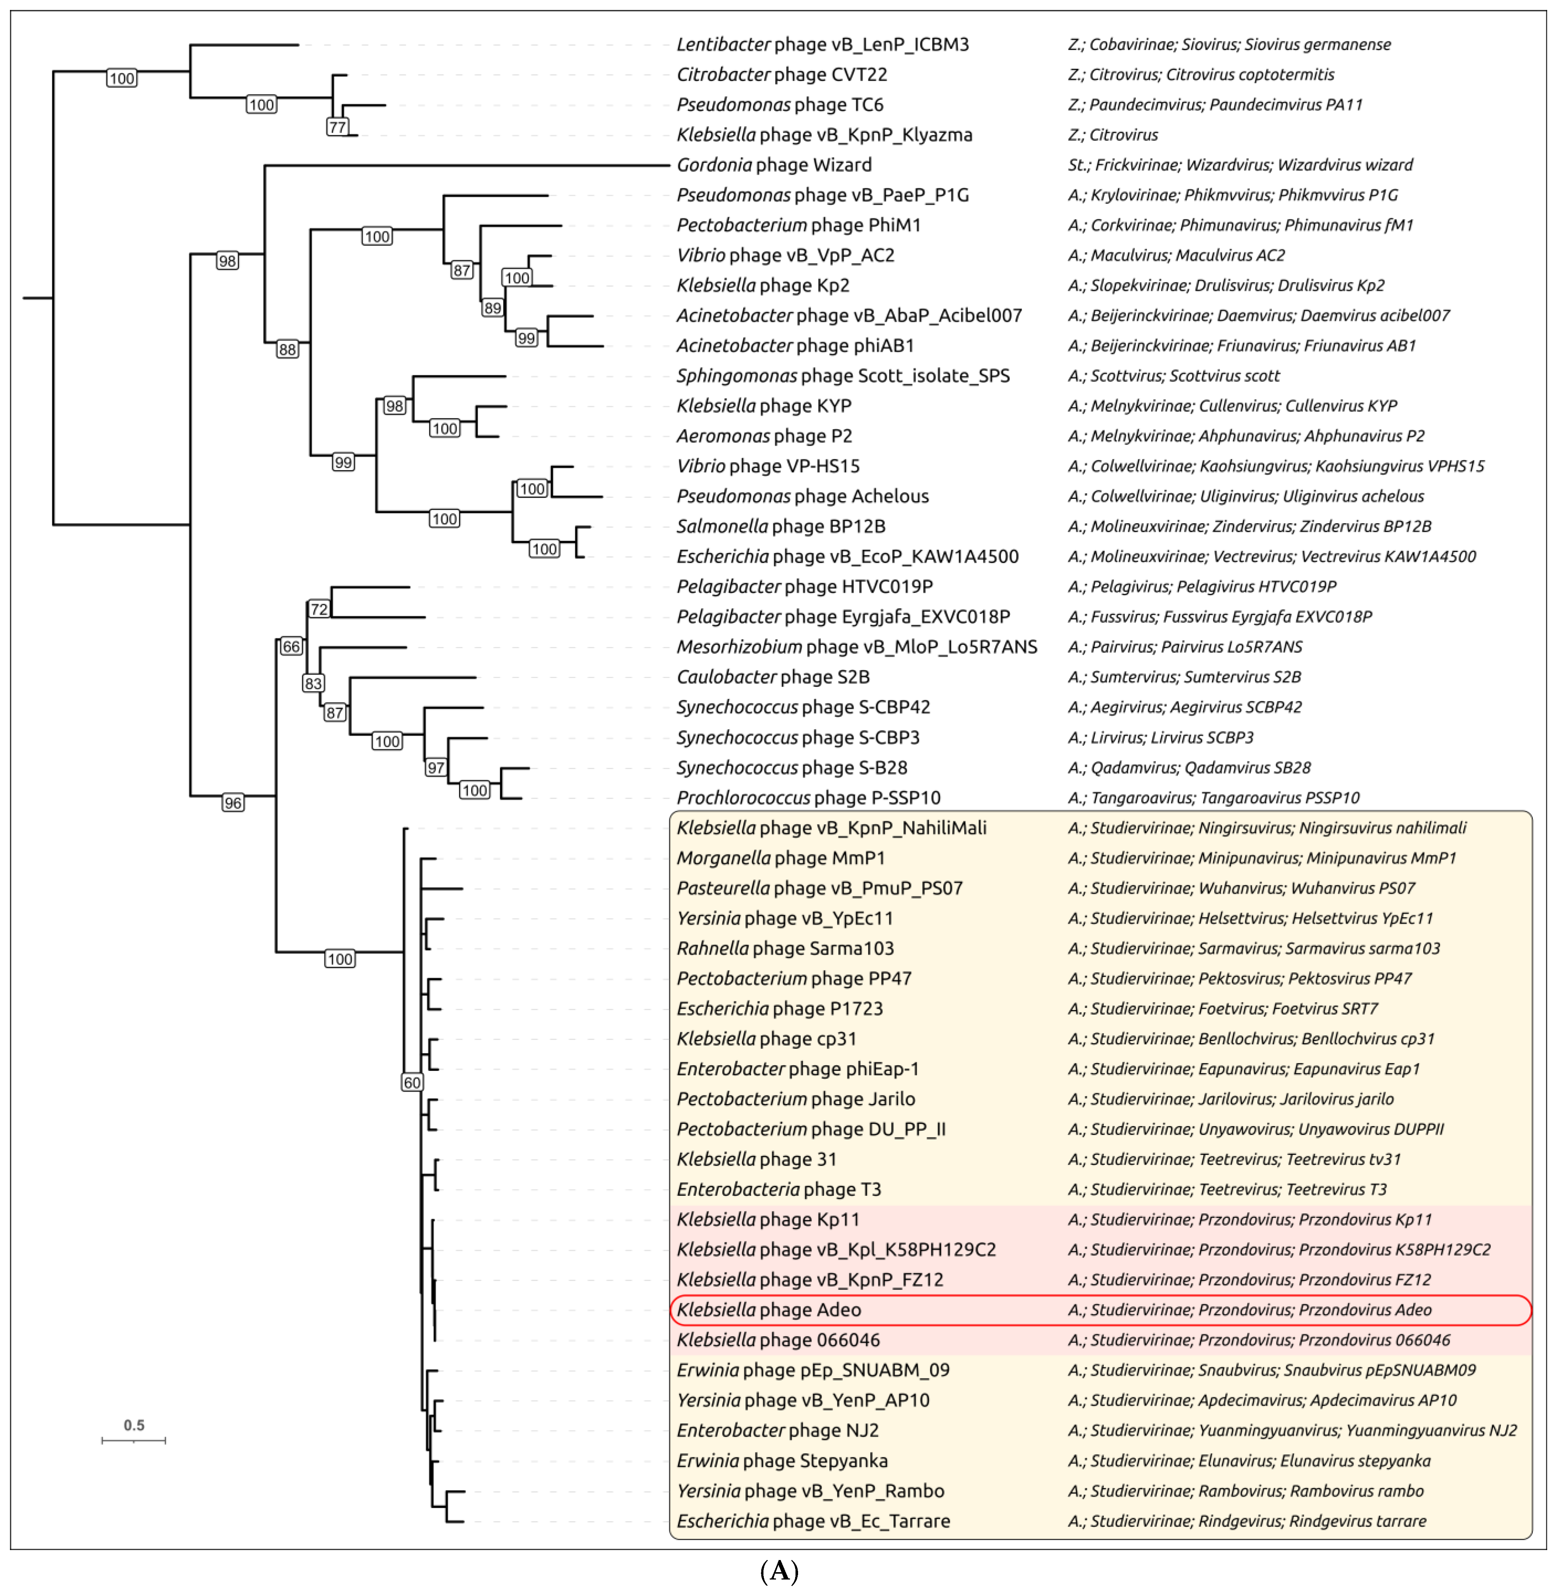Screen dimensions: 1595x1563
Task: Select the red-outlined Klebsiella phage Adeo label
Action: [x=768, y=1309]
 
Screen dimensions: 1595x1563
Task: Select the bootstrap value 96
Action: [x=233, y=803]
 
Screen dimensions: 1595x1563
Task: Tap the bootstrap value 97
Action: [x=436, y=767]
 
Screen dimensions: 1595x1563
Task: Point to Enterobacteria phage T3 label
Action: [x=778, y=1190]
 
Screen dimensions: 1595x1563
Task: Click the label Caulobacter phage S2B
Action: [x=772, y=677]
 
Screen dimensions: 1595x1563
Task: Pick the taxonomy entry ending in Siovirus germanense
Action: [x=1229, y=44]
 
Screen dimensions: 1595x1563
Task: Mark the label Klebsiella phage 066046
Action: [x=777, y=1340]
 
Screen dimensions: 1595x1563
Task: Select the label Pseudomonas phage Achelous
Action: [x=802, y=497]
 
